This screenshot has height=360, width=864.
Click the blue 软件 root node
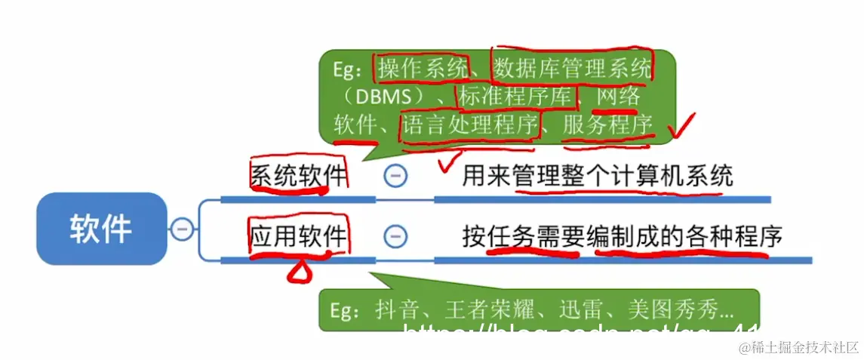click(x=101, y=229)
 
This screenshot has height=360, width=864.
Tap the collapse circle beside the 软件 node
click(x=181, y=229)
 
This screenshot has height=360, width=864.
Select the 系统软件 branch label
click(x=299, y=177)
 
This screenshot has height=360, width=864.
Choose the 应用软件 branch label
click(x=299, y=237)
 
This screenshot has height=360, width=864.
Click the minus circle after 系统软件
click(x=395, y=177)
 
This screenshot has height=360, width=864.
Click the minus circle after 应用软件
click(x=395, y=237)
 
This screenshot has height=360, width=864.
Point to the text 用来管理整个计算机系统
click(x=598, y=177)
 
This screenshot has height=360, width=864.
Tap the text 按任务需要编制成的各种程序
click(x=623, y=237)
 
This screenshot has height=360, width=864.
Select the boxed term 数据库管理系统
click(x=572, y=69)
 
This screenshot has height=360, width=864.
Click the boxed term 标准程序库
click(x=516, y=97)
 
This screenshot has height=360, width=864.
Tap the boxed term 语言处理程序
click(x=470, y=125)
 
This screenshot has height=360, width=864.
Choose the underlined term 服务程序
click(x=607, y=125)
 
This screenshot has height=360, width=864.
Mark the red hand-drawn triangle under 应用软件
click(x=300, y=272)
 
